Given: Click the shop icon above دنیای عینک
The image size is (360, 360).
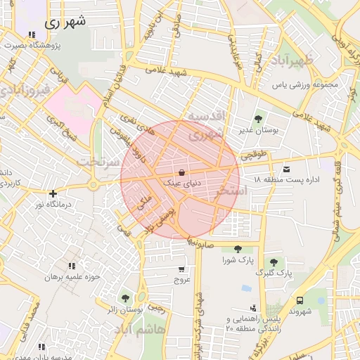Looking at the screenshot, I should (x=182, y=172).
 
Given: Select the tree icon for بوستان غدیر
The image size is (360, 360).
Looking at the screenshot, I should (x=257, y=120).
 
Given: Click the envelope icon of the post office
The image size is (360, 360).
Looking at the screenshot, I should (x=286, y=169).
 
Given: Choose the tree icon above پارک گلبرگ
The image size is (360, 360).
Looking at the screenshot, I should (x=274, y=262).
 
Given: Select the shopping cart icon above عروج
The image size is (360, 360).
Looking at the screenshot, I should (x=182, y=269).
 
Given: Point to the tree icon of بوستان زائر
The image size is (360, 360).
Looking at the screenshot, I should (x=125, y=298).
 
